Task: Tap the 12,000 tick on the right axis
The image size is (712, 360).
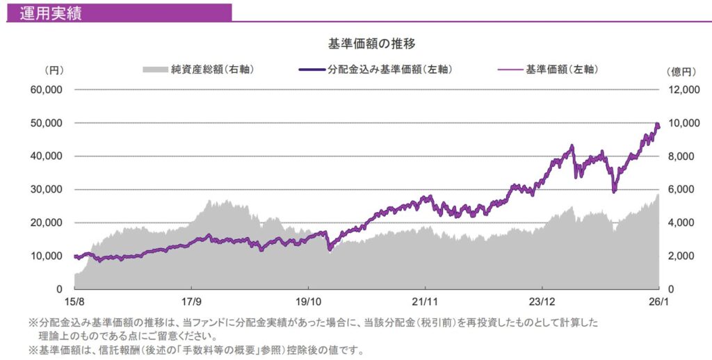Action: pyautogui.click(x=681, y=90)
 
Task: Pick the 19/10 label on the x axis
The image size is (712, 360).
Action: pyautogui.click(x=308, y=302)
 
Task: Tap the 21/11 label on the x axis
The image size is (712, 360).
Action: pyautogui.click(x=425, y=302)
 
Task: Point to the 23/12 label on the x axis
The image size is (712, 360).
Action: pyautogui.click(x=542, y=302)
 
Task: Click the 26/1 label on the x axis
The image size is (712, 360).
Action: pyautogui.click(x=656, y=302)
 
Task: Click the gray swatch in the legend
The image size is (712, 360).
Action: pyautogui.click(x=155, y=69)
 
